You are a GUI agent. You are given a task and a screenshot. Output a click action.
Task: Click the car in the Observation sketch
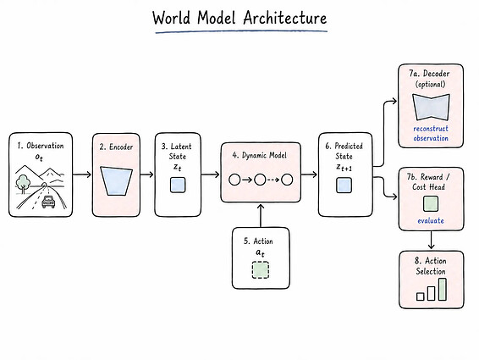coord(48,202)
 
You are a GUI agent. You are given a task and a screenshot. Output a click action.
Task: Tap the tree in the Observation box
coord(23,184)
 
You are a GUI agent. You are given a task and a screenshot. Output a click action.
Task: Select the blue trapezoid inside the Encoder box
coord(116,180)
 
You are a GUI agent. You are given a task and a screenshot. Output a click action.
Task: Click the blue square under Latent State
coord(178,185)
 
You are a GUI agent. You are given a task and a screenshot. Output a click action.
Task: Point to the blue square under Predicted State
coord(344,186)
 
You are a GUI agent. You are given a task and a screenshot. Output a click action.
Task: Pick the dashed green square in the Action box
coord(261,269)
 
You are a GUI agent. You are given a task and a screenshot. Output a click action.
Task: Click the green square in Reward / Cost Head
coord(431,204)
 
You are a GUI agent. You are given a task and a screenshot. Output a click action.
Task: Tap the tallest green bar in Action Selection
coord(443,290)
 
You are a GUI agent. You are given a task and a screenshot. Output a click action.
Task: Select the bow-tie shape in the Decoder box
coord(431,107)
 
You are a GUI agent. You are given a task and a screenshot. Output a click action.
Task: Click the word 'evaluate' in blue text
coord(431,220)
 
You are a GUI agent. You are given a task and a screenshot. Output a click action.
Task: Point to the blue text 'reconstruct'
coord(431,129)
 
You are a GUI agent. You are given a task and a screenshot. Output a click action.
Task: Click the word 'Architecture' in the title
coord(285,18)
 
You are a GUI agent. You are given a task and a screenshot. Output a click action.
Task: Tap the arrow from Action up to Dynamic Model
coord(261,216)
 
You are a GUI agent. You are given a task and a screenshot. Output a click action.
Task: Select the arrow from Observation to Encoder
coord(82,174)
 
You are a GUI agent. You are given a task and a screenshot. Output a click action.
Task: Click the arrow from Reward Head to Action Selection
coord(431,240)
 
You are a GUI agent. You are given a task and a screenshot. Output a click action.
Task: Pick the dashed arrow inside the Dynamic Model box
coord(273,180)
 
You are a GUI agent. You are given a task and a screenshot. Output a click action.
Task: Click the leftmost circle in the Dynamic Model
coord(234,180)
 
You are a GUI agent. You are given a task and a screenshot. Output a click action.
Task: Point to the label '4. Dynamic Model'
coord(259,155)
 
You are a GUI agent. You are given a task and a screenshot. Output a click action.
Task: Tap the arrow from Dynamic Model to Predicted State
coord(309,174)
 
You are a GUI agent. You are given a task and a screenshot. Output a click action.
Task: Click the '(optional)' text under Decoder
coord(431,84)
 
